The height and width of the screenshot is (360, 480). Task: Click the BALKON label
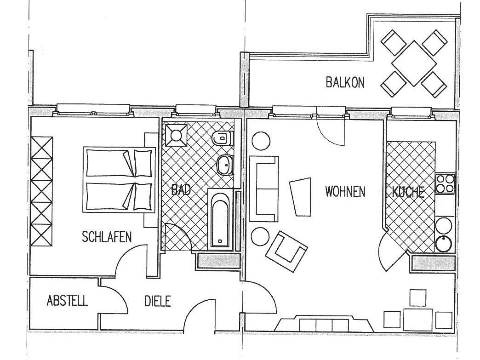click(x=345, y=83)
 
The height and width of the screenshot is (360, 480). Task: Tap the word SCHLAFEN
click(x=107, y=237)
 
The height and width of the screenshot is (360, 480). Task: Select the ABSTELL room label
click(x=67, y=301)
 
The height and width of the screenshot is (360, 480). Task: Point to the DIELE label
click(x=158, y=301)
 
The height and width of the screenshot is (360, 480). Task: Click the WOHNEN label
click(x=345, y=192)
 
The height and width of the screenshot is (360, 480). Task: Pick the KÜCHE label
click(x=408, y=192)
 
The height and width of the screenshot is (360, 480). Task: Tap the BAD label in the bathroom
click(x=181, y=190)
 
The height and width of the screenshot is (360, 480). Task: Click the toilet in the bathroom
click(x=223, y=138)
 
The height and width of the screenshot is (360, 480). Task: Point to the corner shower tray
click(x=176, y=135)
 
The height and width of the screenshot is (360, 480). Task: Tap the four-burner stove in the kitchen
click(x=445, y=183)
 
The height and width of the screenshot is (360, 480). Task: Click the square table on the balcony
click(x=414, y=63)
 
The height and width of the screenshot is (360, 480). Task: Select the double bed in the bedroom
click(x=119, y=180)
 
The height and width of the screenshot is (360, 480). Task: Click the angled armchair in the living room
click(x=286, y=251)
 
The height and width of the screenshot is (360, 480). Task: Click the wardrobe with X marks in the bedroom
click(x=42, y=191)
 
